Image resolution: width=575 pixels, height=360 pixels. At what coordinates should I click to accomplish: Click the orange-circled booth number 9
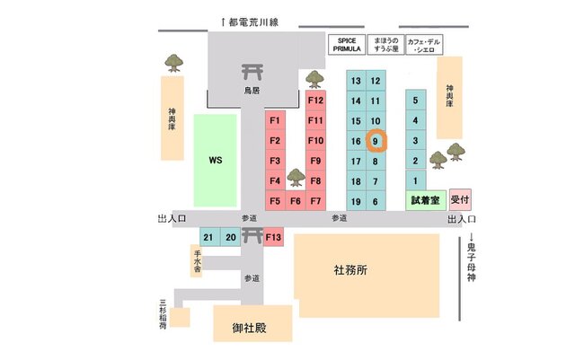(x=376, y=141)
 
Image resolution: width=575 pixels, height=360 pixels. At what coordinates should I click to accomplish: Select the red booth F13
(x=274, y=237)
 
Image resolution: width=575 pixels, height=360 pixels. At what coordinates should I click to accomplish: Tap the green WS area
(x=215, y=161)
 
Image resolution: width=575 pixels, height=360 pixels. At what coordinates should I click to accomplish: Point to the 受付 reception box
(x=460, y=199)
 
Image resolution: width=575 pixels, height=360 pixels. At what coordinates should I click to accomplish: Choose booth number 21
(x=209, y=237)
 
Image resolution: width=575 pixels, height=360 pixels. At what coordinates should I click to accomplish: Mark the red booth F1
(x=275, y=120)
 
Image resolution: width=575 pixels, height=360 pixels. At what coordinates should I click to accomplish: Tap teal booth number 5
(x=414, y=101)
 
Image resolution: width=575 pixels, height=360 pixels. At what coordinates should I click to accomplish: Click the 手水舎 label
(x=197, y=260)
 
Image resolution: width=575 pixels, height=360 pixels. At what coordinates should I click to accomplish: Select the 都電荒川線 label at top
(x=252, y=21)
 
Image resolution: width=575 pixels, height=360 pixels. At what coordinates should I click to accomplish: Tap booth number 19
(x=356, y=201)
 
